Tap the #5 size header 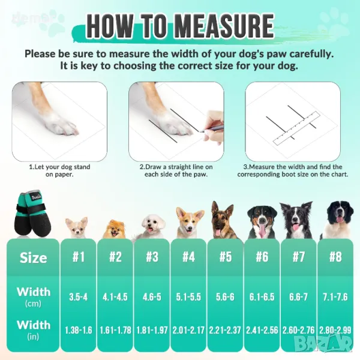pos(225,256)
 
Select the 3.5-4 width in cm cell pos(78,297)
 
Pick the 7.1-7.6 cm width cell pos(335,297)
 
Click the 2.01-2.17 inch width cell pos(188,330)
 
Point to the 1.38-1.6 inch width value pos(78,330)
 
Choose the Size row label pos(33,257)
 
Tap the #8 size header pos(335,256)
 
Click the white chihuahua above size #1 pos(76,227)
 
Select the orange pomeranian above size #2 pos(114,229)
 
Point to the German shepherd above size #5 pos(223,220)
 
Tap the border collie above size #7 pos(296,220)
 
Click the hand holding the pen pos(213,129)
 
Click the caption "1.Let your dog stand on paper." pos(59,170)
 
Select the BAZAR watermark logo pos(323,343)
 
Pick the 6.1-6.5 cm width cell pos(262,297)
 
